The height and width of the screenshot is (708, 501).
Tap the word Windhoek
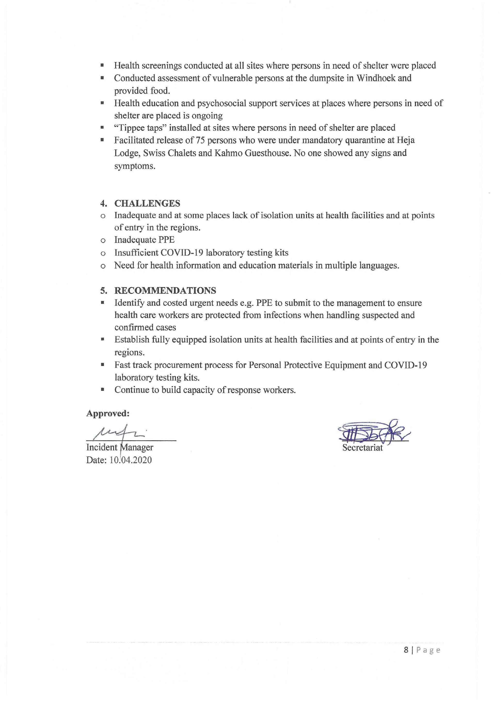(376, 78)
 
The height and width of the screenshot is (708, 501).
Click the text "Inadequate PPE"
(144, 240)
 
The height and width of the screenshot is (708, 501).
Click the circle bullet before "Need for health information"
(103, 266)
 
